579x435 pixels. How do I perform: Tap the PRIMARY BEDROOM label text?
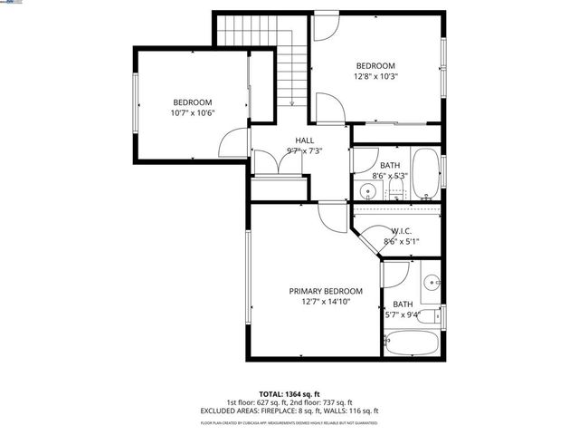coord(326,291)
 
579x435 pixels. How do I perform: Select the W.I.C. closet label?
coord(402,231)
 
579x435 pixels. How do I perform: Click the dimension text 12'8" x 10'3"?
coord(375,77)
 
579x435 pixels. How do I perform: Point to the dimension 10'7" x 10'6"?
coord(193,113)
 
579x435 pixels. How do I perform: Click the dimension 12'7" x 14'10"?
coord(326,302)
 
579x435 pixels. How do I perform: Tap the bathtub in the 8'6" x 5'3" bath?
coord(424,175)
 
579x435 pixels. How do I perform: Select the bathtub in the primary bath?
coord(413,344)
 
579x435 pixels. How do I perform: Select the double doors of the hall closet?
coord(270,163)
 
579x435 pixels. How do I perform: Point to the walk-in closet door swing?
coord(366,245)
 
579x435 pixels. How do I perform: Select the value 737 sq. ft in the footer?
coord(336,401)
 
